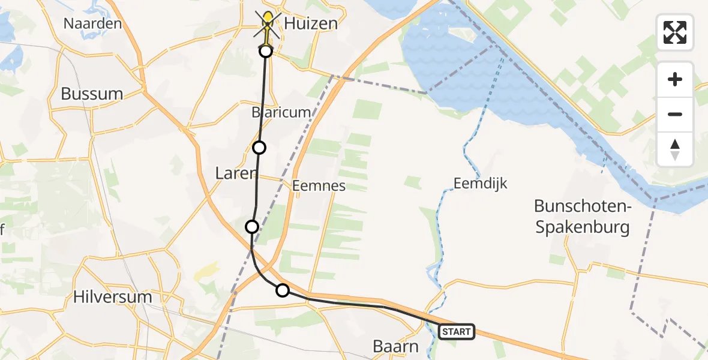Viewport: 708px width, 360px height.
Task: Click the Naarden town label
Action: pyautogui.click(x=93, y=24)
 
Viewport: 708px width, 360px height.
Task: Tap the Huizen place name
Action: pyautogui.click(x=311, y=24)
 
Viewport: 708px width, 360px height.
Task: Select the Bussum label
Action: pyautogui.click(x=92, y=94)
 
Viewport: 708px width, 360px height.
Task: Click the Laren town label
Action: pyautogui.click(x=236, y=173)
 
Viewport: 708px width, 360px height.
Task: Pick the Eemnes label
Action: pyautogui.click(x=319, y=185)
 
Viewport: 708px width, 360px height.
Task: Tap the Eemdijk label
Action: pyautogui.click(x=481, y=184)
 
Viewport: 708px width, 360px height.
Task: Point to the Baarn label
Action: pyautogui.click(x=395, y=346)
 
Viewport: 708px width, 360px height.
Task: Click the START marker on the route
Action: pyautogui.click(x=457, y=331)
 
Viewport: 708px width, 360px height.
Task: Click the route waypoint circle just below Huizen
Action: pyautogui.click(x=266, y=51)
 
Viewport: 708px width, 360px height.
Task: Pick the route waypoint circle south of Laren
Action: pyautogui.click(x=252, y=226)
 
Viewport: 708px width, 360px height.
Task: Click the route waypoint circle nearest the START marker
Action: pyautogui.click(x=282, y=290)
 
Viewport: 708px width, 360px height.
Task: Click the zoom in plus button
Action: pyautogui.click(x=675, y=79)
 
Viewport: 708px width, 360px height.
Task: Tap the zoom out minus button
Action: pyautogui.click(x=675, y=114)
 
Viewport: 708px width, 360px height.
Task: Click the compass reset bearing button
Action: pyautogui.click(x=675, y=149)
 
